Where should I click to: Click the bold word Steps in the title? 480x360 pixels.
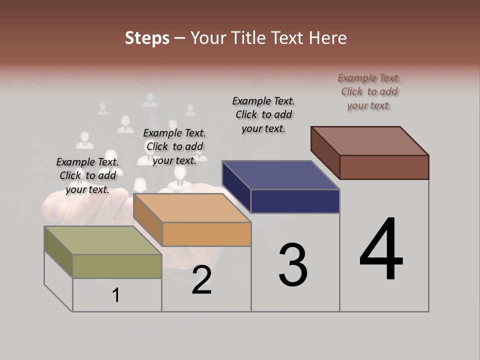coord(147,38)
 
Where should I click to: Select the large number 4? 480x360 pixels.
coord(381,250)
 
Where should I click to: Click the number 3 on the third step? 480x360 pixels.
coord(293,265)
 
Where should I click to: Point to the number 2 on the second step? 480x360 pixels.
coord(201,280)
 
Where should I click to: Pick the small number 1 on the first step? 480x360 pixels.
coord(116,295)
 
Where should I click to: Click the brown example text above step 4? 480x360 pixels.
coord(369,91)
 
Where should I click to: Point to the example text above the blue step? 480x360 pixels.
coord(263,114)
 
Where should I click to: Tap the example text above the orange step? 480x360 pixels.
coord(174,146)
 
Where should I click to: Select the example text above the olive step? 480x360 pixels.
coord(87,175)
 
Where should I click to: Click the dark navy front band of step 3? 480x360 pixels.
coord(295,201)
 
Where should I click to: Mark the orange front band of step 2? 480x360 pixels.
coord(206,234)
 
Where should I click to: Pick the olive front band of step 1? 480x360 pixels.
coord(117,266)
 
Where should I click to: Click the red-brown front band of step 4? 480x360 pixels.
coord(384,167)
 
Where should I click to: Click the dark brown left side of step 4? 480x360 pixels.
coord(325,152)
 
